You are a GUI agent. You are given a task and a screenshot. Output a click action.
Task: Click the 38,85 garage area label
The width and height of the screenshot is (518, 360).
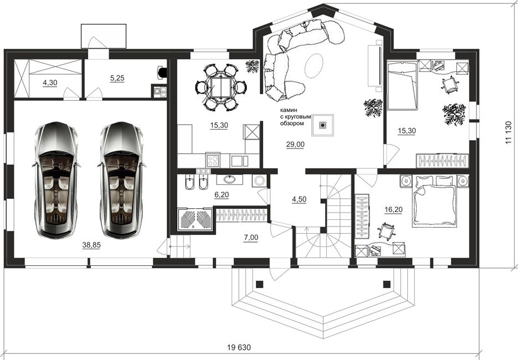point(91,245)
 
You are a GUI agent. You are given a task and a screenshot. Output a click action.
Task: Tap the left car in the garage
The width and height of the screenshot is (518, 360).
point(56,179)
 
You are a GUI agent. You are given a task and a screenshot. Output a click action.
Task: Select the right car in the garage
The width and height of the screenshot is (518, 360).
point(122,179)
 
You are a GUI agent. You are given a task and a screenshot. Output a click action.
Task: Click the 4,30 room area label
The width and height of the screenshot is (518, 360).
point(50,83)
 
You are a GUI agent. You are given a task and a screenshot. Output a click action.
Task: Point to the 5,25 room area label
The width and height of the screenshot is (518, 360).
point(117,78)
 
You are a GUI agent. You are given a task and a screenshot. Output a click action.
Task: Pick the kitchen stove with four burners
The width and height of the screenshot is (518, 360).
point(213,161)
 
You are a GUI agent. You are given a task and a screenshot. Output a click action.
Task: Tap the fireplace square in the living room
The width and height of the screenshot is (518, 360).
point(323,125)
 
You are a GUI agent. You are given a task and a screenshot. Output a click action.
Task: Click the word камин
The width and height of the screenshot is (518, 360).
point(289,110)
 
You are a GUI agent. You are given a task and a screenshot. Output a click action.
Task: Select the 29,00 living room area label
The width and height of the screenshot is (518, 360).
point(295,145)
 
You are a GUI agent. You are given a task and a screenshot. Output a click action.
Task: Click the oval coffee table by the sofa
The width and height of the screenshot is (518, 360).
point(314,65)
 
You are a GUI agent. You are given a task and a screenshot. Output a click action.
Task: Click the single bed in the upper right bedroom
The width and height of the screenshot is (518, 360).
point(402,85)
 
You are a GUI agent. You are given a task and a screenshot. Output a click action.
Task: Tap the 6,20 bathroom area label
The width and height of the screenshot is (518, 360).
point(222,194)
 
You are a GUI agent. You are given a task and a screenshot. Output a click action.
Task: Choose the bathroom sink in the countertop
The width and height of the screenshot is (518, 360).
point(229,179)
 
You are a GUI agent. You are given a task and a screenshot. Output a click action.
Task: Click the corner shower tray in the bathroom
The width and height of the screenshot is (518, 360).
point(196,219)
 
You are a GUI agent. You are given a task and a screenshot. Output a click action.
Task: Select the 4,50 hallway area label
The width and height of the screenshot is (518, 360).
point(299,199)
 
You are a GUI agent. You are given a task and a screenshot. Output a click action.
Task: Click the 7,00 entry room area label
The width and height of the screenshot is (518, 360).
point(251,237)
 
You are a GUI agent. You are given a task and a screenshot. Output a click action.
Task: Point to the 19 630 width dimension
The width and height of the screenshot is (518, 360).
point(239,347)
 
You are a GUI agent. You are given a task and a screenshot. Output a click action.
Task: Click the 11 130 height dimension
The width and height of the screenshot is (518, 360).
point(509,132)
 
